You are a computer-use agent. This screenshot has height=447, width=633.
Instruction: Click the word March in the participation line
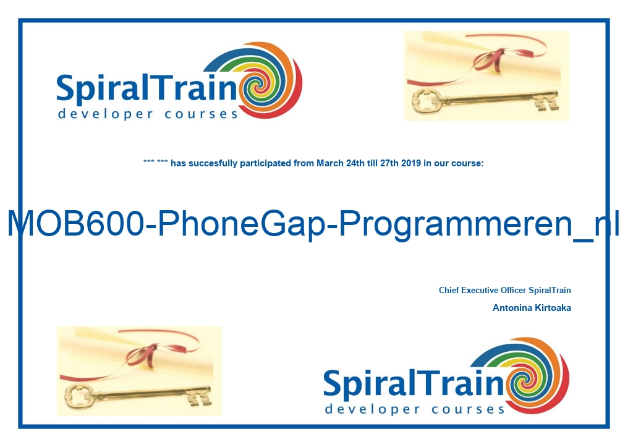(x=330, y=163)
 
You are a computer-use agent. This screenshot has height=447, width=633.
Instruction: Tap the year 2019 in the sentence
(x=411, y=163)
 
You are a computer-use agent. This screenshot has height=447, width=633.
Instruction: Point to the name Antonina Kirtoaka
(x=532, y=308)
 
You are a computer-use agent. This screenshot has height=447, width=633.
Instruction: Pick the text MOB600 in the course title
(x=75, y=223)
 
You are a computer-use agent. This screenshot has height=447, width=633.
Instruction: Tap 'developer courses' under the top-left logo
(x=148, y=114)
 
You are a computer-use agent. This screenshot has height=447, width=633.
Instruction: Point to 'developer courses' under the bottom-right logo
(x=415, y=409)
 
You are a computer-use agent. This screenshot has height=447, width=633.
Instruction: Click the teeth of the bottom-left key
(x=199, y=398)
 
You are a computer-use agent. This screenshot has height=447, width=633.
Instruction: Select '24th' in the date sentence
(x=355, y=163)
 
